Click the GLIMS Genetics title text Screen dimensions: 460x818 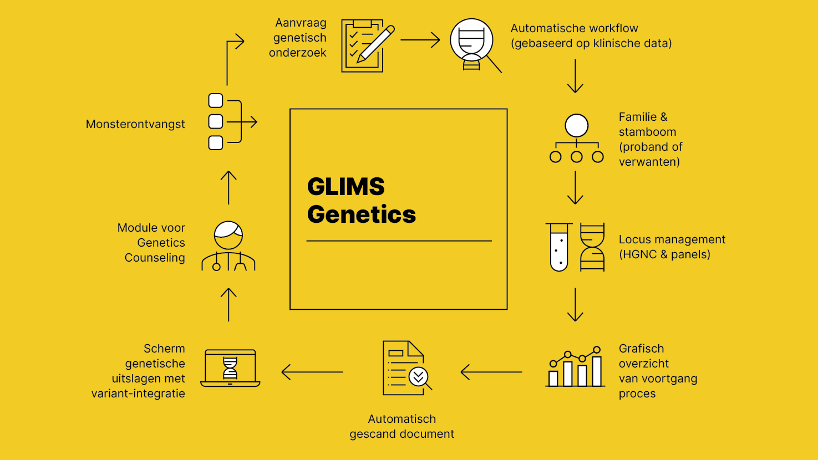pos(361,201)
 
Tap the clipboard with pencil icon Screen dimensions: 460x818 pos(367,45)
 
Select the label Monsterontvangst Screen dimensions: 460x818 pos(135,124)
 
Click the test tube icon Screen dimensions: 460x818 pos(559,247)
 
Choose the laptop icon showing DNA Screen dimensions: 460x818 pos(230,368)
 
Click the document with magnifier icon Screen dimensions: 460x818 pos(407,368)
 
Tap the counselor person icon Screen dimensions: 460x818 pos(228,246)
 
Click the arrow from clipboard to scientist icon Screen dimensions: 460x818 pos(420,40)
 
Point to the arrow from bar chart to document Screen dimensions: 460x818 pos(491,372)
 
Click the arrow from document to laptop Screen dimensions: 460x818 pos(312,372)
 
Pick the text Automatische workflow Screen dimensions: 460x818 pos(574,28)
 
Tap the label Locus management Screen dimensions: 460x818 pos(672,239)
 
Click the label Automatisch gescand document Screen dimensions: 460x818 pos(402,426)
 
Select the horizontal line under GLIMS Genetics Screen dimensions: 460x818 pos(399,241)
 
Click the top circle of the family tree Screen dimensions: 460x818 pos(576,126)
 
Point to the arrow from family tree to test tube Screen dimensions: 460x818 pos(575,188)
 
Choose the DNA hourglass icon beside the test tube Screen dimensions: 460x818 pos(592,247)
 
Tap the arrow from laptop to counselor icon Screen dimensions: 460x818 pos(228,305)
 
